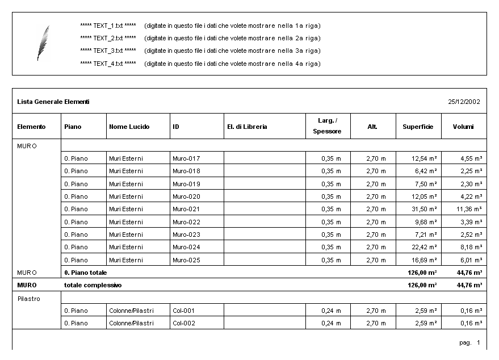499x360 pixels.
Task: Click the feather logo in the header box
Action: point(43,43)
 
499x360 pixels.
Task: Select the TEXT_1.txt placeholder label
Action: point(108,26)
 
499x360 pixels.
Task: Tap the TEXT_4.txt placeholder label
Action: point(108,64)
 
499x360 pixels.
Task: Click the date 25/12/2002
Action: point(464,102)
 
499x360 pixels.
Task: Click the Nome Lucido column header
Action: point(129,127)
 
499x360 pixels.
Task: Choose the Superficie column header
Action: point(418,127)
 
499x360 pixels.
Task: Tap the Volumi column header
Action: point(463,127)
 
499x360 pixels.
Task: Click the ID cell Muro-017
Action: point(186,158)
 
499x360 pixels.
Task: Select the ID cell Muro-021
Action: point(186,209)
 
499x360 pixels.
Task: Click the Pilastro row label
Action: point(29,299)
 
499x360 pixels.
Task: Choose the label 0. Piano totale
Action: point(85,273)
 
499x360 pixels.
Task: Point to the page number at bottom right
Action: point(470,343)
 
